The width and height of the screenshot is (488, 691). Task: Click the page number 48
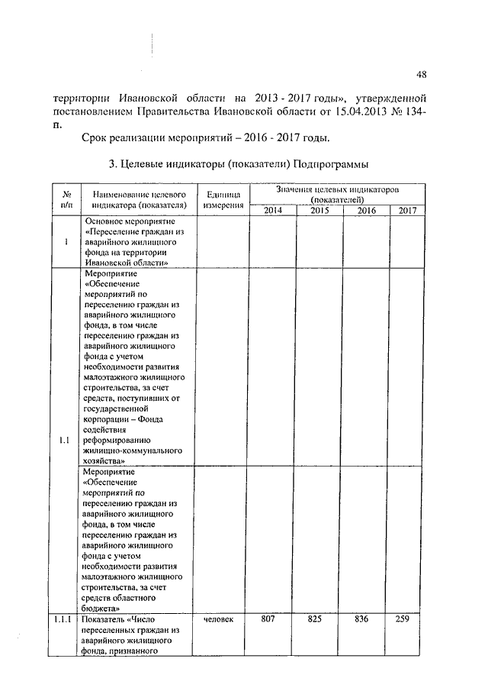click(x=422, y=74)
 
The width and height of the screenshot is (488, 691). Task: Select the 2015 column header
click(x=319, y=211)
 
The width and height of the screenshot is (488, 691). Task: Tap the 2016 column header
click(x=366, y=211)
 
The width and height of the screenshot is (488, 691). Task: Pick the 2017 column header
click(x=407, y=211)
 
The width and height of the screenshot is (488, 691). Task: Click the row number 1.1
click(x=64, y=440)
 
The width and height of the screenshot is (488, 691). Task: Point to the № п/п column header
click(x=67, y=200)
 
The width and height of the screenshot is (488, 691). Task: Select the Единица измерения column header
click(x=223, y=200)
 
